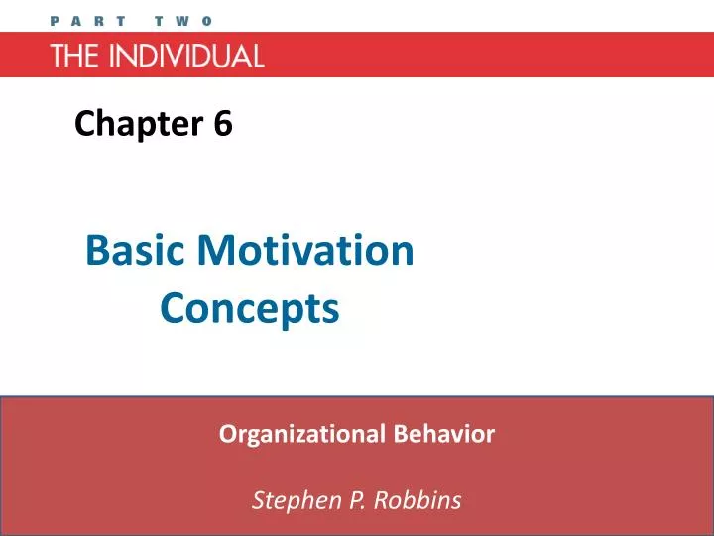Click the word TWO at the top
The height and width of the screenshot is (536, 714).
183,20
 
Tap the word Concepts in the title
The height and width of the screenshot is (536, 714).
249,308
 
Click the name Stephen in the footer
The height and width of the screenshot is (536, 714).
287,500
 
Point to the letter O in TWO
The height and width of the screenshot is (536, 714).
207,20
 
